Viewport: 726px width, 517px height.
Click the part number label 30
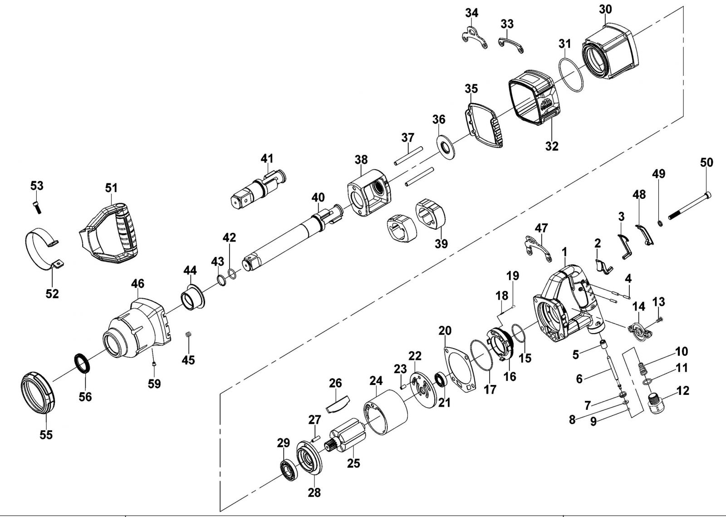(605, 10)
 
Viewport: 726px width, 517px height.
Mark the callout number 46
(138, 284)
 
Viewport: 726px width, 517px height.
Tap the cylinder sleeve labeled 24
(386, 412)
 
